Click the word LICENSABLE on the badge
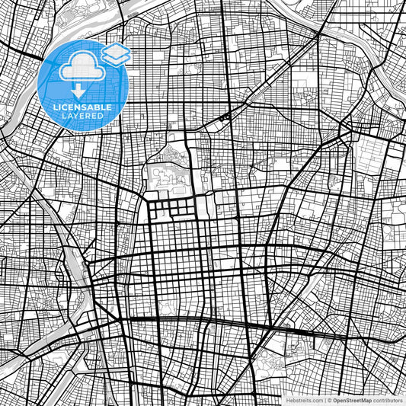[85, 108]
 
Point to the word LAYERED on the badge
[85, 116]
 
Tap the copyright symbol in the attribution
[330, 399]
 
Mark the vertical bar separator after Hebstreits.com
[324, 399]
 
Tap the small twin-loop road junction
[224, 117]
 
